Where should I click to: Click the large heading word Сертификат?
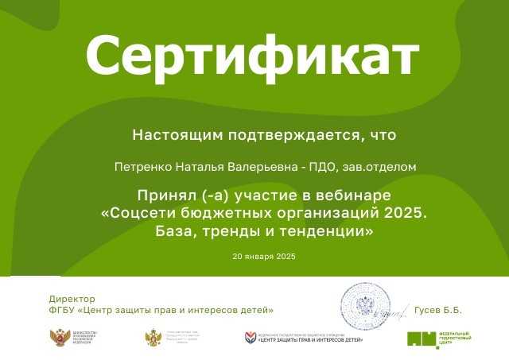(251, 56)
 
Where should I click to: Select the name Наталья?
(196, 167)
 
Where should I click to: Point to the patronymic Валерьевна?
(252, 167)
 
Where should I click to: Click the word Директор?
(72, 299)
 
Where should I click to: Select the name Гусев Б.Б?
(438, 310)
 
